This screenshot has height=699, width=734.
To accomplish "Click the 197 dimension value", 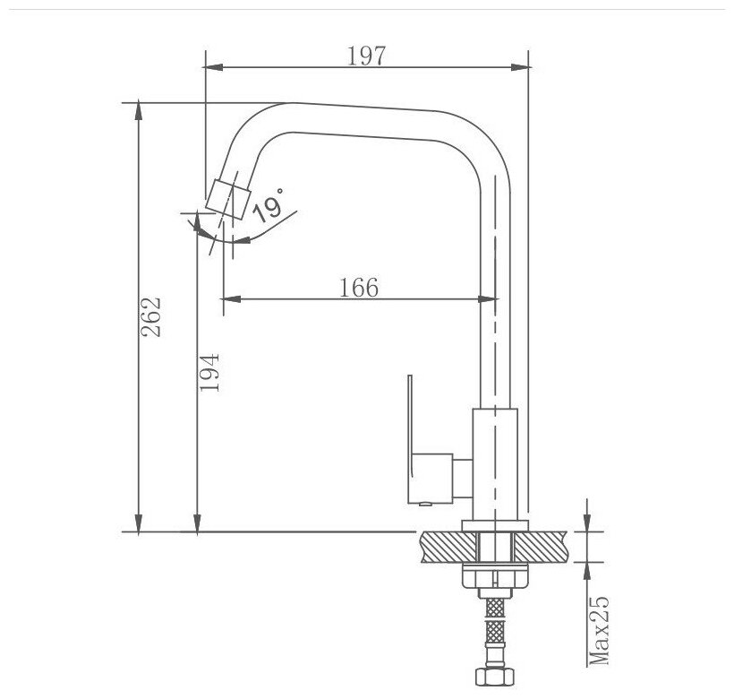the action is pyautogui.click(x=366, y=56).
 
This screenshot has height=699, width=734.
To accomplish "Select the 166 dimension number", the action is pyautogui.click(x=359, y=287).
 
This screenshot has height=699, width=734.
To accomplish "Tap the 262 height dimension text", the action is pyautogui.click(x=151, y=317).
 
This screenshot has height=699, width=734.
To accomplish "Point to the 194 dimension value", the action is pyautogui.click(x=209, y=373).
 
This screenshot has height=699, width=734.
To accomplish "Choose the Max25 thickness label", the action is pyautogui.click(x=599, y=631).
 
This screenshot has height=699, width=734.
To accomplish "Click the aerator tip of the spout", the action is pyautogui.click(x=228, y=200).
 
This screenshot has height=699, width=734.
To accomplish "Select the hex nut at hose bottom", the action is pyautogui.click(x=495, y=677).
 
